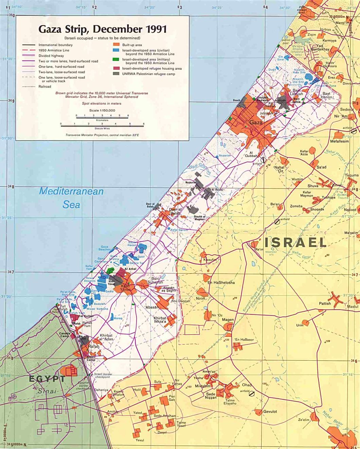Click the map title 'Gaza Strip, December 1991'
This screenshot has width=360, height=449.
[103, 29]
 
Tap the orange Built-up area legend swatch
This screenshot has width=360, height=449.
[116, 45]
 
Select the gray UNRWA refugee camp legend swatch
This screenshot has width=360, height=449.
[116, 73]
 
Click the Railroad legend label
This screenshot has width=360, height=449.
[45, 87]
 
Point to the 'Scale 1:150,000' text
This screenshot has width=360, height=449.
[102, 110]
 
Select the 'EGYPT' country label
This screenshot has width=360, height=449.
[47, 379]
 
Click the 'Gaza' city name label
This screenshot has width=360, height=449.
[256, 122]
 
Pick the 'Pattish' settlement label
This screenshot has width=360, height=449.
[325, 303]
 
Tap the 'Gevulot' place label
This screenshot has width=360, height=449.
[270, 412]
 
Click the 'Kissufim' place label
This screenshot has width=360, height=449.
[210, 260]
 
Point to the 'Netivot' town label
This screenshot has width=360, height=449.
[350, 210]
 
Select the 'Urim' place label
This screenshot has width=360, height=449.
[300, 325]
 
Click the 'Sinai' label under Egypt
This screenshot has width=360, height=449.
[47, 391]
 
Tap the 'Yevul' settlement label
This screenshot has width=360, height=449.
[140, 440]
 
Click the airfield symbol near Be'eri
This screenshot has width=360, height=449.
[277, 221]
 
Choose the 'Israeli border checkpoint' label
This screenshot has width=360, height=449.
[103, 376]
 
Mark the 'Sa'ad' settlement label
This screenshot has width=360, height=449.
[321, 167]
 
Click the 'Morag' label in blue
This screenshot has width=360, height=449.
[118, 318]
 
